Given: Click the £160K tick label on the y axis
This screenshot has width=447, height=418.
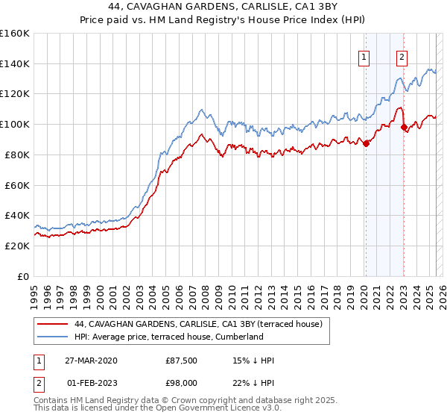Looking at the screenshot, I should coord(15,34).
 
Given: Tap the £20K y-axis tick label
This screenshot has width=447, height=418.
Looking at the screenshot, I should coord(17,246).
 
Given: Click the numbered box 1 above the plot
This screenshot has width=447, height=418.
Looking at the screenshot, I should coord(364,57).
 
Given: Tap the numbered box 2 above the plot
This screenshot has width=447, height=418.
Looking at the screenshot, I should coord(402,57).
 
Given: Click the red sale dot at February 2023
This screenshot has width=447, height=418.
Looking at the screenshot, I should coord(404,128).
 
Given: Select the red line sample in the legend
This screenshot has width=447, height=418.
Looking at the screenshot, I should coord(52,324).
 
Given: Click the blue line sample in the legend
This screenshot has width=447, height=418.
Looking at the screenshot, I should coord(52,337).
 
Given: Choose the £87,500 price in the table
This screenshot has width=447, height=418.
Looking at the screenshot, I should coord(181,361).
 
